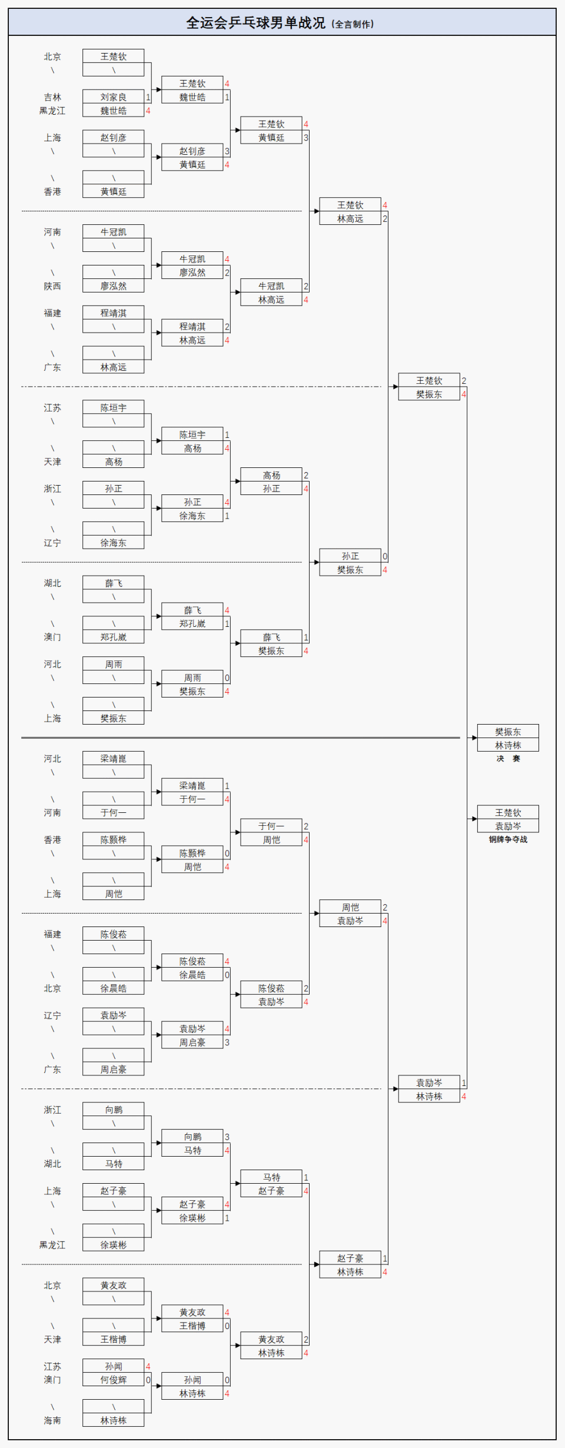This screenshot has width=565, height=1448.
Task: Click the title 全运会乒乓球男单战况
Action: [x=255, y=23]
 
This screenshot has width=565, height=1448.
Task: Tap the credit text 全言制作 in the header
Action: [x=353, y=24]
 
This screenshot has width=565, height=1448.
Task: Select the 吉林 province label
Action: [x=52, y=97]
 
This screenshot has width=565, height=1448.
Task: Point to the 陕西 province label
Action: [x=52, y=286]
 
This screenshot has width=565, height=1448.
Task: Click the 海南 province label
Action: [x=52, y=1420]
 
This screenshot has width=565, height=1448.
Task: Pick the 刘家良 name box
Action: [x=113, y=97]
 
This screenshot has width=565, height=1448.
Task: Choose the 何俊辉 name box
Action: [x=113, y=1380]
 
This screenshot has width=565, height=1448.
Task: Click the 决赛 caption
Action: [x=508, y=759]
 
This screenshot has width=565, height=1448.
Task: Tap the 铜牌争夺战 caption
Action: [x=508, y=839]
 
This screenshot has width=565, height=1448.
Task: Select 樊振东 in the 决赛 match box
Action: [x=508, y=732]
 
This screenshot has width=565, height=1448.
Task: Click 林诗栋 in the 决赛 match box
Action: [x=508, y=745]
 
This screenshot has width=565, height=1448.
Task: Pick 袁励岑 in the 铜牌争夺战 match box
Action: [x=508, y=826]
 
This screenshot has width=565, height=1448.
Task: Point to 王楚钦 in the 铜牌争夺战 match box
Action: [x=508, y=813]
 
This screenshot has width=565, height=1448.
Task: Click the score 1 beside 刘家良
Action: [x=148, y=97]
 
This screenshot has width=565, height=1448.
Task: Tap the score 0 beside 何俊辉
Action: [x=148, y=1380]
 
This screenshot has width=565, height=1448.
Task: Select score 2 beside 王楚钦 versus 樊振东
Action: [x=464, y=381]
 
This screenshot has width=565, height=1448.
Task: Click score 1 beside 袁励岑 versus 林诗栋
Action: [x=464, y=1083]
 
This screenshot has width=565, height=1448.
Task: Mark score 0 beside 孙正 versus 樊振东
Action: [x=385, y=556]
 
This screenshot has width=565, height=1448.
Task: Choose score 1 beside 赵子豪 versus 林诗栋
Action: [x=385, y=1258]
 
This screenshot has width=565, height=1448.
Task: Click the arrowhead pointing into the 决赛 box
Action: [x=474, y=738]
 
